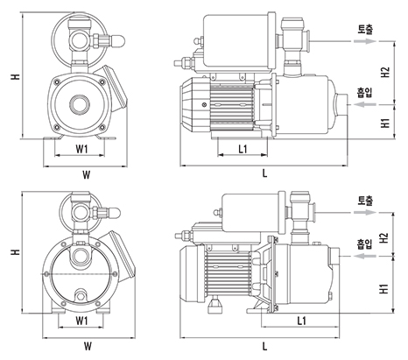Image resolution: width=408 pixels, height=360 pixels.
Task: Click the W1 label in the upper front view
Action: (x=81, y=149)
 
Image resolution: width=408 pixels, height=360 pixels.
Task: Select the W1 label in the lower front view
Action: (x=81, y=321)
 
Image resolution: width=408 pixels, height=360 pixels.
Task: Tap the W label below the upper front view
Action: (x=87, y=175)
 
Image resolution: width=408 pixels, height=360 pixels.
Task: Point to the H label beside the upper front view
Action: (x=16, y=76)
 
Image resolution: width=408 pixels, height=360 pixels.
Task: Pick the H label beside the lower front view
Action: (x=16, y=251)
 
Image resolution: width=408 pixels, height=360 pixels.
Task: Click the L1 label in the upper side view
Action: (x=243, y=149)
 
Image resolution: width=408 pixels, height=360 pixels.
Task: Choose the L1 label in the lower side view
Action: (x=302, y=321)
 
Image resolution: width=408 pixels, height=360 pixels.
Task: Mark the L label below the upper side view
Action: (x=264, y=173)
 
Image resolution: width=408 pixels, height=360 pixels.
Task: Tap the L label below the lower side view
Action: (x=264, y=346)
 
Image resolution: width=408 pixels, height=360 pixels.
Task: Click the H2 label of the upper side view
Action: (x=385, y=72)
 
